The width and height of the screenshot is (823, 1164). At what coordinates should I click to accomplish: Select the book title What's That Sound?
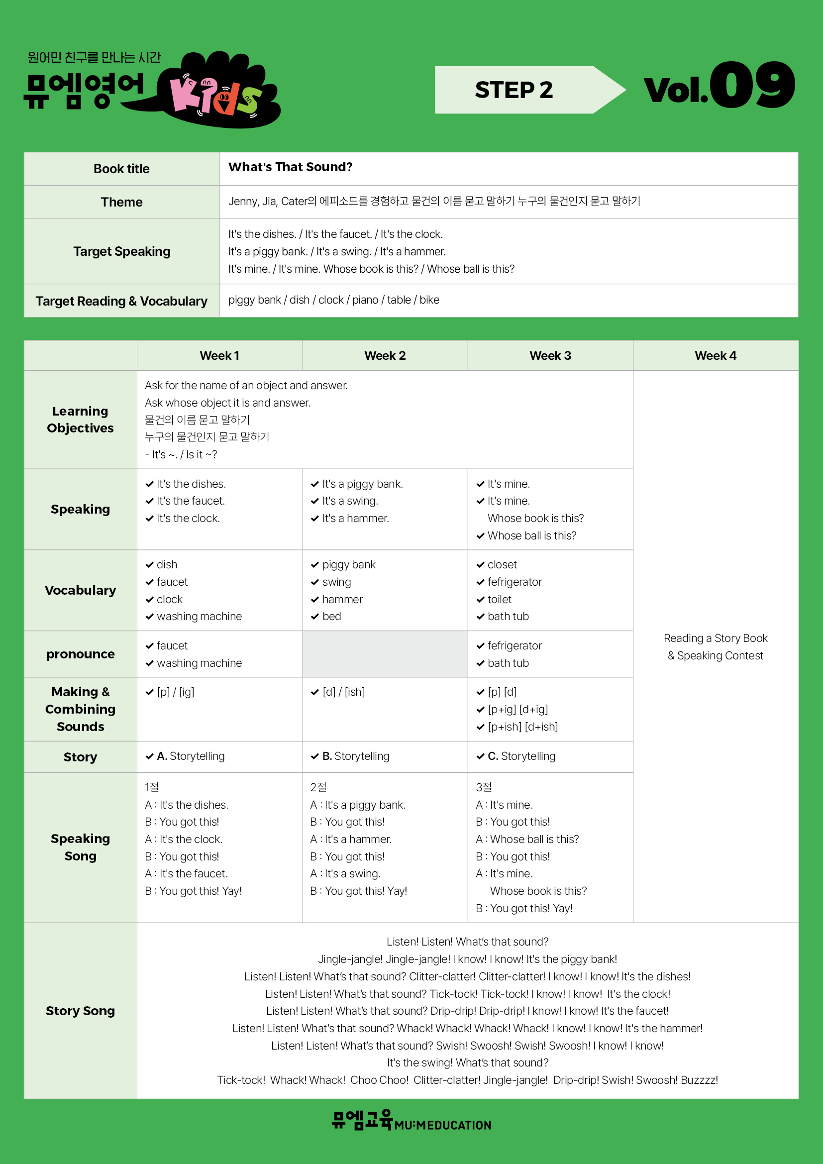(290, 167)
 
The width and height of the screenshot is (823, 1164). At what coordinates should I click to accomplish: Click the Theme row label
(121, 202)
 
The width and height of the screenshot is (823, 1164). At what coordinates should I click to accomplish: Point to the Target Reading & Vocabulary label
(121, 301)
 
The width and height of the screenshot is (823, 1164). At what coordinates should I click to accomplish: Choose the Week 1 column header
(219, 355)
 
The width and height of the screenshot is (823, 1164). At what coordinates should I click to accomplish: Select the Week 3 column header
(550, 355)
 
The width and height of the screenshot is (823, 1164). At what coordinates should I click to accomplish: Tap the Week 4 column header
(715, 355)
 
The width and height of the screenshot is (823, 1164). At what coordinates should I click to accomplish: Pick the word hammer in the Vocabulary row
(342, 599)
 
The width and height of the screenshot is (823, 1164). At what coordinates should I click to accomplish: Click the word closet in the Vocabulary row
(502, 564)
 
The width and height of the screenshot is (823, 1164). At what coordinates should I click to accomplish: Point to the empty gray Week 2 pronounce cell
(385, 654)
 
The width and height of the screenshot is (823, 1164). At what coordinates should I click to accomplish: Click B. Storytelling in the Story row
(355, 756)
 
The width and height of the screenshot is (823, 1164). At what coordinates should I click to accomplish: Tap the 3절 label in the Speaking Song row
(484, 787)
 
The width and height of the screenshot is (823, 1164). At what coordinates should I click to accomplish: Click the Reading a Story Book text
(715, 638)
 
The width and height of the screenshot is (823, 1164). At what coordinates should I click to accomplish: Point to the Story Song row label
(80, 1011)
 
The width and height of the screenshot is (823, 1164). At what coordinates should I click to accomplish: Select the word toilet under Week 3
(499, 599)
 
